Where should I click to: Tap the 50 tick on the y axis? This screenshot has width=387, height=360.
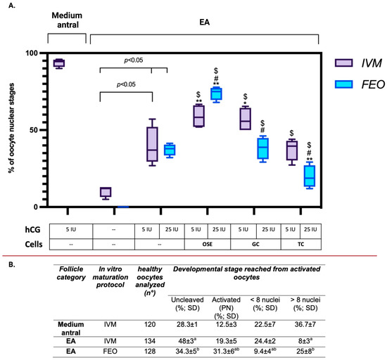coord(32,130)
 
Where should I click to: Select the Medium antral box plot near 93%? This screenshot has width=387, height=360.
coord(68,63)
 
